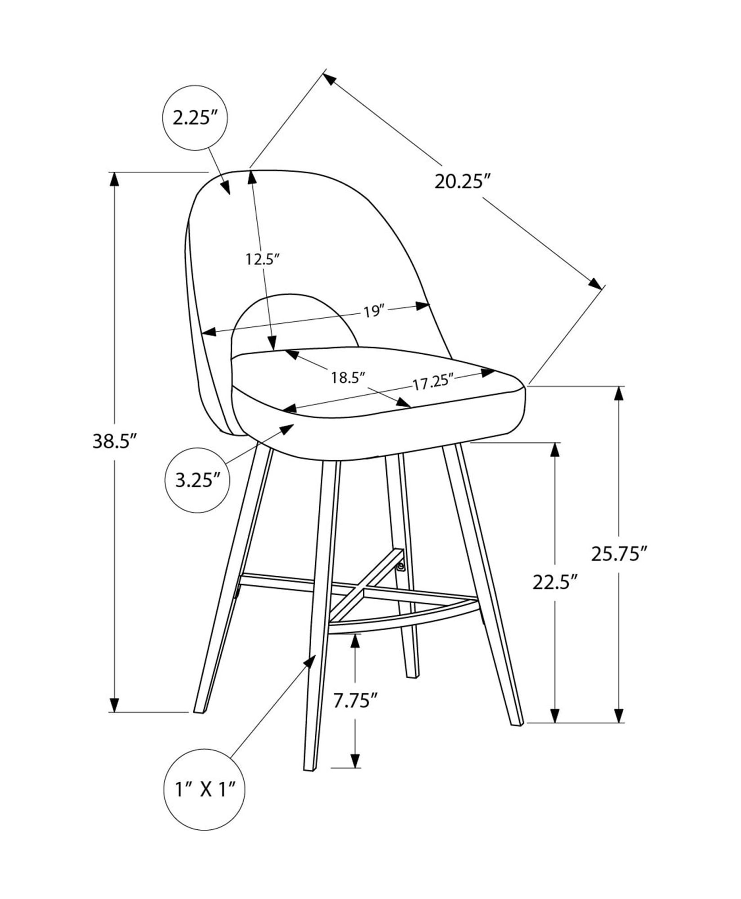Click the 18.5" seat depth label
coord(347,378)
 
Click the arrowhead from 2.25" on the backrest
coord(226,187)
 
